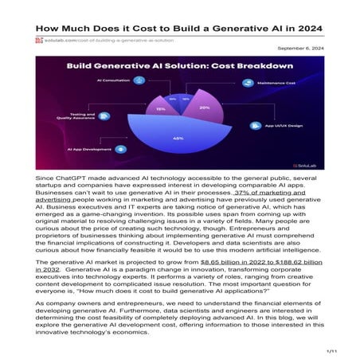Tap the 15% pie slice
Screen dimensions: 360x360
[161, 109]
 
